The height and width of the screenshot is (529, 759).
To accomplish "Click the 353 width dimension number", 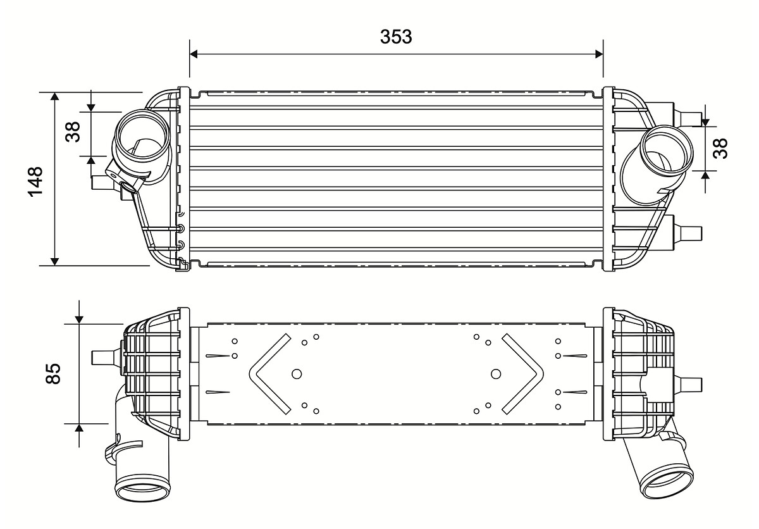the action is [x=396, y=37].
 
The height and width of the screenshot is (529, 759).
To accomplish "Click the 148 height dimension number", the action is [x=35, y=182].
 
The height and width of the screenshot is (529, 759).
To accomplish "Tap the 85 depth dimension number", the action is [x=53, y=374].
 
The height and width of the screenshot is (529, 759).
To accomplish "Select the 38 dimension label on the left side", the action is [x=73, y=132].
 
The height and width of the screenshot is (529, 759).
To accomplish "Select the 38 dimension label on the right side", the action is [x=720, y=148].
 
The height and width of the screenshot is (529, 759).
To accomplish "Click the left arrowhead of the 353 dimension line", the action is [x=194, y=54].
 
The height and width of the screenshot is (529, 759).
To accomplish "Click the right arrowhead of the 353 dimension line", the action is [x=599, y=54].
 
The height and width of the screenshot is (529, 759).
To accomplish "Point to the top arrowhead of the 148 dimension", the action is [x=54, y=96].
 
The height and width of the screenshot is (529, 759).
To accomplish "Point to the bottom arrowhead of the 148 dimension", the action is [x=54, y=261].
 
